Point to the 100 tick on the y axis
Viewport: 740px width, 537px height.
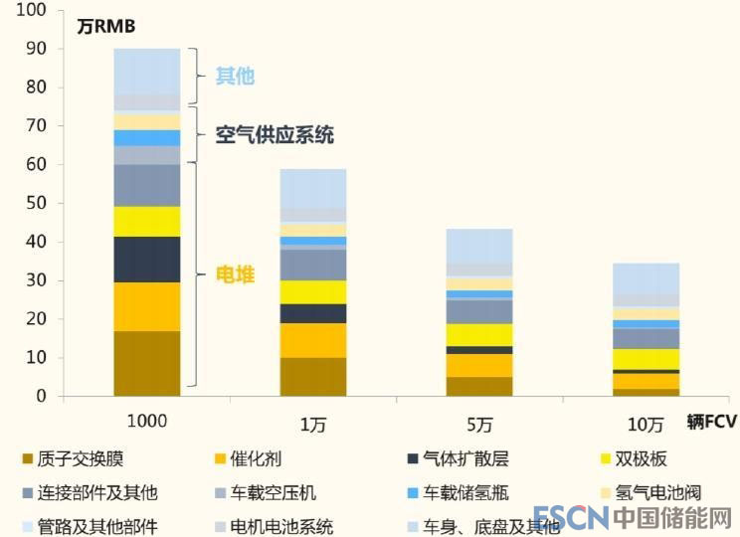32,10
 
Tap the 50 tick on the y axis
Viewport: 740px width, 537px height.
36,203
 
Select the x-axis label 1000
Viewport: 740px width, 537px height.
147,421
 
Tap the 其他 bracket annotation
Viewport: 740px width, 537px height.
236,77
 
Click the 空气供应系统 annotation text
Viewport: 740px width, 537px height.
275,135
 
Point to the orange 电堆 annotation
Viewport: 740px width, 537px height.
236,273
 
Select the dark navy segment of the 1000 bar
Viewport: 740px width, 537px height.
147,259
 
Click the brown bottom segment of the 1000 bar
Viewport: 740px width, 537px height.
147,363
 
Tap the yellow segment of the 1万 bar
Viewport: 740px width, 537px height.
313,291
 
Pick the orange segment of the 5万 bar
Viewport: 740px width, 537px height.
479,365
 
